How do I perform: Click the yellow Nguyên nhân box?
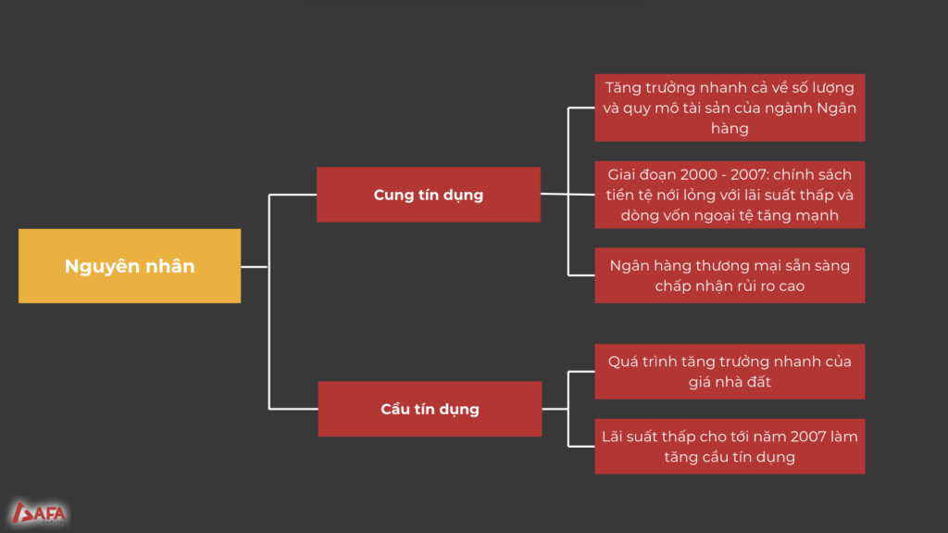coord(130,266)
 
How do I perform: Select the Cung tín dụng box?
coord(429,195)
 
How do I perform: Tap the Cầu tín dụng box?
coord(430,409)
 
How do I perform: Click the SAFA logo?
coord(39,514)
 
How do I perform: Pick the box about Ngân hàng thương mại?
coord(730,275)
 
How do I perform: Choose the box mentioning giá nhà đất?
coord(730,372)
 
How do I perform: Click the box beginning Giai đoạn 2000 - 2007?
coord(730,195)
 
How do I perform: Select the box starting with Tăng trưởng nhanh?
coord(730,108)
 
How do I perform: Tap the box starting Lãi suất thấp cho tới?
coord(730,447)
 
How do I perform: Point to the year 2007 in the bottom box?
coord(807,437)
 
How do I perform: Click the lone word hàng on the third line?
coord(730,129)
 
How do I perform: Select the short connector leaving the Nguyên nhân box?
coord(255,267)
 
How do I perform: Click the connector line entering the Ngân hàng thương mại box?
coord(581,275)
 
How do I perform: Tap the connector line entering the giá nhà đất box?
coord(581,372)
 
